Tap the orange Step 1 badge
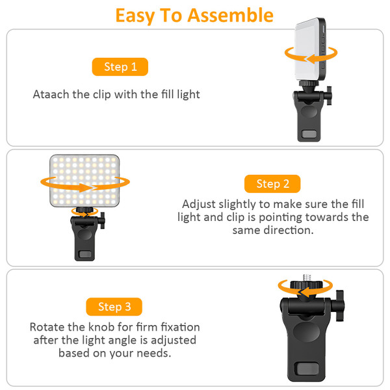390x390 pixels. [120, 66]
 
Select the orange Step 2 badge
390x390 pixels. [272, 184]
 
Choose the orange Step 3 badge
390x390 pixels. [114, 307]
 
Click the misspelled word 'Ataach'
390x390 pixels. [51, 95]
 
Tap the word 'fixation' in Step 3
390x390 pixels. [178, 327]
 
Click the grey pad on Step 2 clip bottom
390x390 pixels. [83, 254]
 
